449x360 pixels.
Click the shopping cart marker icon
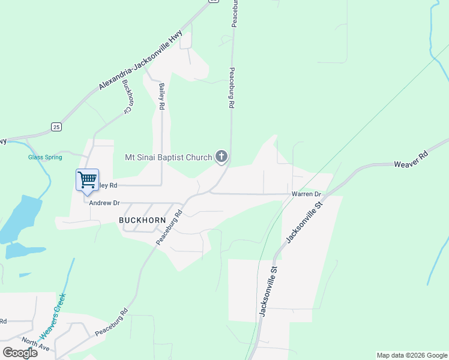tap(87, 179)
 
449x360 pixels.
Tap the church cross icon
tap(221, 157)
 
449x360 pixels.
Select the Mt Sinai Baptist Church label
tap(168, 158)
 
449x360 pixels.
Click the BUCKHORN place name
tap(142, 220)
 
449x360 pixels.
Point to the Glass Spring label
tap(45, 157)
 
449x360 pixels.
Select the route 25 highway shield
tap(56, 127)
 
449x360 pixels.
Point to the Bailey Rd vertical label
tap(161, 97)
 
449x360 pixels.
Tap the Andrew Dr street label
tap(104, 203)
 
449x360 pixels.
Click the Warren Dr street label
tap(307, 194)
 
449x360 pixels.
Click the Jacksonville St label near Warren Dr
tap(304, 222)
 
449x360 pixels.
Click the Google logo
tap(20, 352)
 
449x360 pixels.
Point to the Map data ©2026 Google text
tap(411, 355)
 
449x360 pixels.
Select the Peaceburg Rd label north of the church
tap(231, 88)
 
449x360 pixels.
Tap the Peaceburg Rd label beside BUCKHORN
tap(169, 227)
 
